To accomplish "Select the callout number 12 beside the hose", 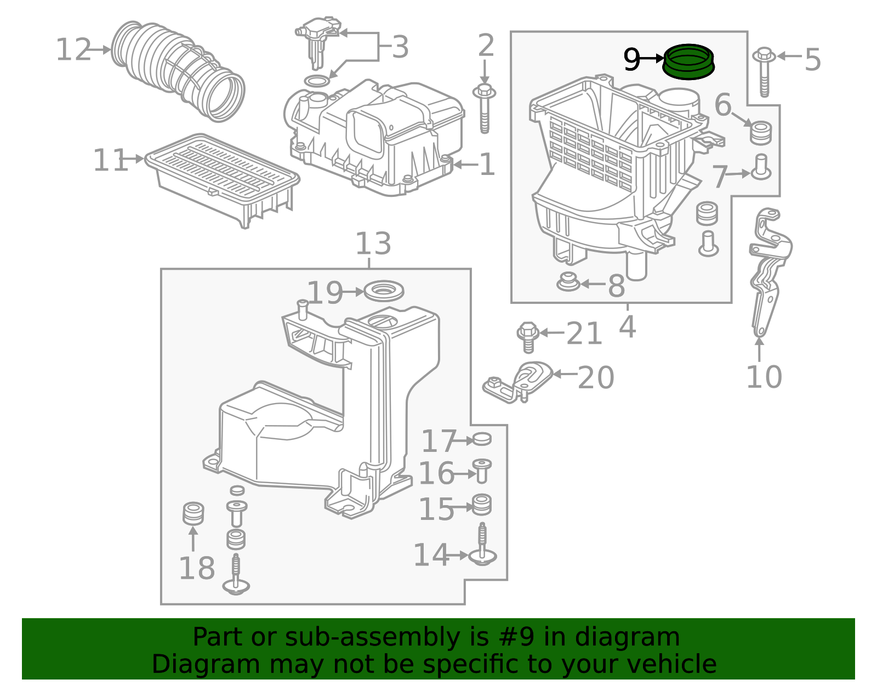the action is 73,50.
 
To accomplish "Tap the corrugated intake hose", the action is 177,71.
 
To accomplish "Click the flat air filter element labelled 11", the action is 223,180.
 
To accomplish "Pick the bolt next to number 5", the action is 764,72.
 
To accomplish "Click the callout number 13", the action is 373,244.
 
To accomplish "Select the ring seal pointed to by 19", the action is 383,291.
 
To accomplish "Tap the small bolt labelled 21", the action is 528,337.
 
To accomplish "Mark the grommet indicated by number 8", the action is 568,282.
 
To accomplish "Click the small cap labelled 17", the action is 481,439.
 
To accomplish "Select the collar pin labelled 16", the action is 482,471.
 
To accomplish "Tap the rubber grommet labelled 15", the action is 481,505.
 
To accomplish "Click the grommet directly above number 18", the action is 193,513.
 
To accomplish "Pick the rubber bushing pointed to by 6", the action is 760,132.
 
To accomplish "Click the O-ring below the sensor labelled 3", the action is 317,81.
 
